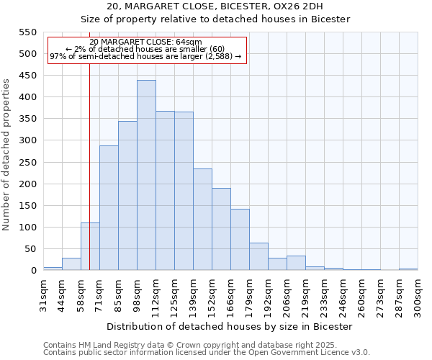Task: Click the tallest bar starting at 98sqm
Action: click(x=146, y=176)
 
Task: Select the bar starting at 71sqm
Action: click(x=109, y=208)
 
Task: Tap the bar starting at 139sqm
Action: click(x=202, y=220)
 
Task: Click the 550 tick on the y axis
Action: click(x=27, y=32)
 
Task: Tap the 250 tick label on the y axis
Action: click(x=27, y=163)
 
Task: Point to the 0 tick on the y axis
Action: click(x=32, y=271)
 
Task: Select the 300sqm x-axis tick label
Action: click(x=418, y=296)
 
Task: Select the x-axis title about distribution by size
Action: click(x=230, y=326)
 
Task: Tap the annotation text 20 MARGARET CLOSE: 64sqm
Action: click(x=146, y=42)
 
